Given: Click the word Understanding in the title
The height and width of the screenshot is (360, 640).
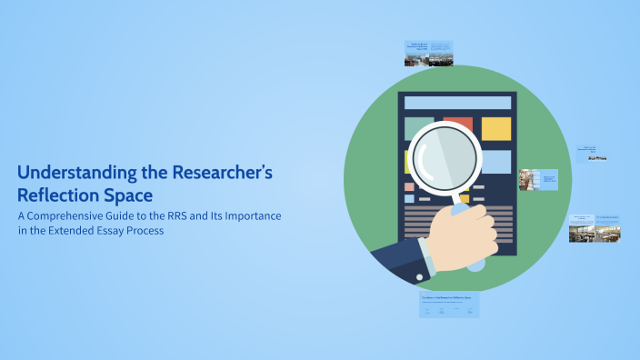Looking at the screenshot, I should [68, 172].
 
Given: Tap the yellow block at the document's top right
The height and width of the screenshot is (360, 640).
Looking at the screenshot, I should [495, 128].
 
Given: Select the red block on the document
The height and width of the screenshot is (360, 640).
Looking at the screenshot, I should [457, 124].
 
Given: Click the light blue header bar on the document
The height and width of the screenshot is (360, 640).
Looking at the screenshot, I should [457, 103].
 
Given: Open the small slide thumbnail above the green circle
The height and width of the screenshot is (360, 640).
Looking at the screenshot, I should [428, 53].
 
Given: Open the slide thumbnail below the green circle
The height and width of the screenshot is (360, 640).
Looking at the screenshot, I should [449, 305].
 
